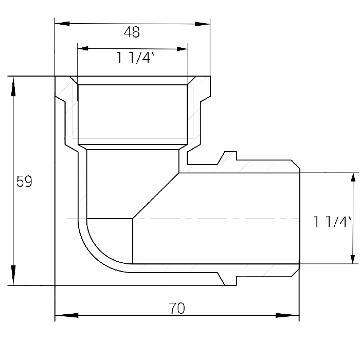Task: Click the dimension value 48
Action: tap(132, 32)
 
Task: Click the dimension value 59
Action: tap(24, 182)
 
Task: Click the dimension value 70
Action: tap(177, 308)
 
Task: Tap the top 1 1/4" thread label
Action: tap(136, 58)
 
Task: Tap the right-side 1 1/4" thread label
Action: tap(332, 222)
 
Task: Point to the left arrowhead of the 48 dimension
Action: tap(62, 24)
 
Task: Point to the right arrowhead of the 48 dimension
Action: tap(203, 24)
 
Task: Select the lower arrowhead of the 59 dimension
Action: tap(13, 275)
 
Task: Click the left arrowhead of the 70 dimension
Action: tap(66, 315)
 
